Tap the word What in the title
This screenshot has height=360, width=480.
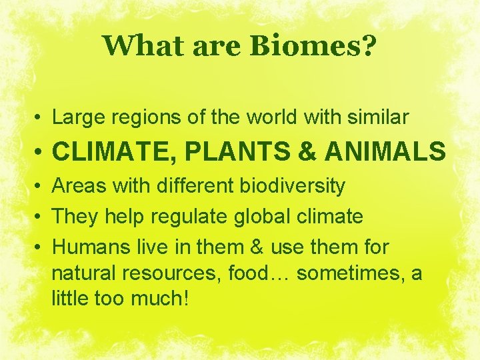(137, 46)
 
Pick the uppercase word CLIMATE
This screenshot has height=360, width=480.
(113, 152)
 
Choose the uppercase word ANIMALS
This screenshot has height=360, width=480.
(385, 152)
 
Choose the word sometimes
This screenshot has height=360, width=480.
(345, 273)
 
